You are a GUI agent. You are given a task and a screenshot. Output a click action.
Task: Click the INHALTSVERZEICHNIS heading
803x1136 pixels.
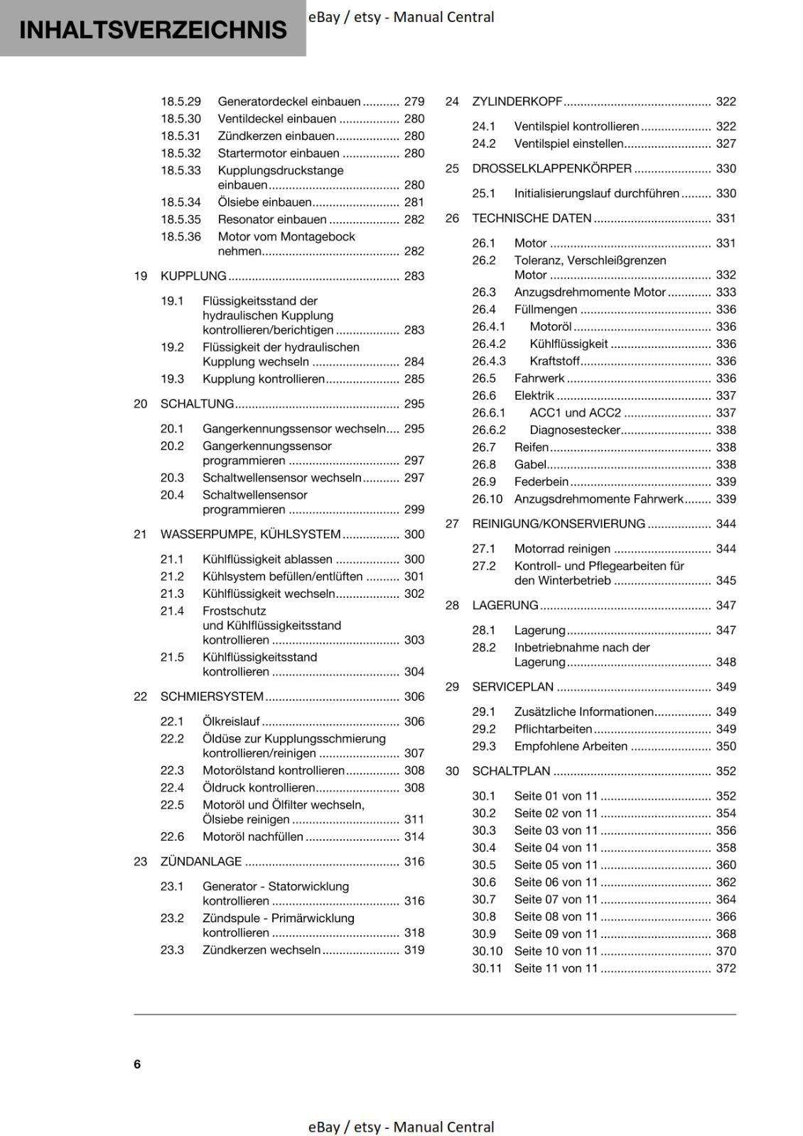click(153, 30)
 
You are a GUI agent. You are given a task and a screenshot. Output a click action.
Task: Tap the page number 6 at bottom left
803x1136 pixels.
click(137, 1064)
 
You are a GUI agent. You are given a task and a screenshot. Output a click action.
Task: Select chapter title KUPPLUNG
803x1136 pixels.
click(193, 276)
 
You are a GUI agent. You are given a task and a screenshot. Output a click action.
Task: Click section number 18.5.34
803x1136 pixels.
click(180, 202)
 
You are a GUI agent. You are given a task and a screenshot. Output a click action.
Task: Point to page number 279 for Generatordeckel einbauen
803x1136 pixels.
click(414, 102)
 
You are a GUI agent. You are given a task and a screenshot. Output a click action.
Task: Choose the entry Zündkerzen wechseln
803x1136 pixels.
click(262, 950)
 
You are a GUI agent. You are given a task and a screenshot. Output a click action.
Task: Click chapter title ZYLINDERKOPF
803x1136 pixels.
click(517, 102)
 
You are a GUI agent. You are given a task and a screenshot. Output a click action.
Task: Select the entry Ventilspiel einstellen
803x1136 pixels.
click(568, 143)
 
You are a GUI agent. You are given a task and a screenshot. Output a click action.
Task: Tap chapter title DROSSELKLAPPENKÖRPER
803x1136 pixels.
click(551, 168)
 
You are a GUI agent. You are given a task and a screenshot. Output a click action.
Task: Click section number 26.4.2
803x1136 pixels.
click(489, 344)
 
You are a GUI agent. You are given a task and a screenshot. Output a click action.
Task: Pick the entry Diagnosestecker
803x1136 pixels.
click(575, 430)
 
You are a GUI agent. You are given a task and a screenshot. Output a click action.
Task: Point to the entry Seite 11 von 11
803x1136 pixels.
click(556, 968)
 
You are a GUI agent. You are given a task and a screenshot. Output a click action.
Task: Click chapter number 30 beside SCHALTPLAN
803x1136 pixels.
click(452, 771)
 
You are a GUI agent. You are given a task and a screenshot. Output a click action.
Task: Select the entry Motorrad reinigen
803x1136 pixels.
click(562, 549)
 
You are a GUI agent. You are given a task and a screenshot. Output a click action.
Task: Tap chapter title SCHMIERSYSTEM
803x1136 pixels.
click(212, 697)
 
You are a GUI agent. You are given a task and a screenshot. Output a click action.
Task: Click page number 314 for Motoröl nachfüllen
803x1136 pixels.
click(414, 837)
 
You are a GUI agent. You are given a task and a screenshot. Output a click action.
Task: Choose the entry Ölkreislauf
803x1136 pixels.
click(231, 721)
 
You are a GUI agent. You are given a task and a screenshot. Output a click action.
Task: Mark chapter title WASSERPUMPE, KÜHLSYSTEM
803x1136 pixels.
click(250, 535)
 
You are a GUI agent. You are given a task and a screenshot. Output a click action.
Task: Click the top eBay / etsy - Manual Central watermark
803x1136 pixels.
click(401, 17)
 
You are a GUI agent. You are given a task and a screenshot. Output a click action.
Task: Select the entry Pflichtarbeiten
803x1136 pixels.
click(553, 729)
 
